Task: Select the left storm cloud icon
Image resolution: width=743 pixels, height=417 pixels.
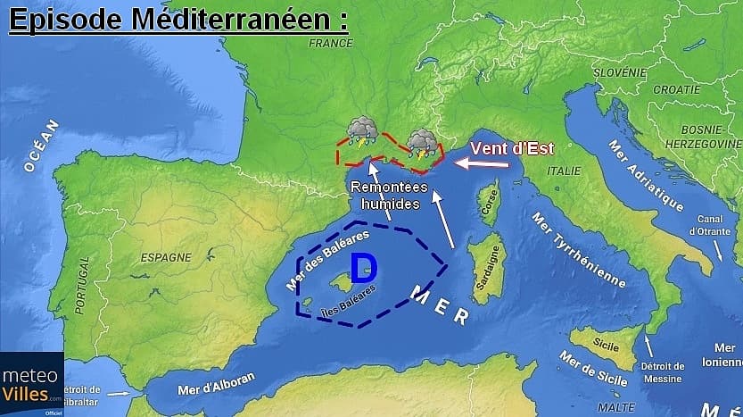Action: click(361, 130)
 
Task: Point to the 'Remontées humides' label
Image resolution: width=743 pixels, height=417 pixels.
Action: click(387, 195)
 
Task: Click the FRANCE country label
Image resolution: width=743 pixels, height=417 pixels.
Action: click(331, 43)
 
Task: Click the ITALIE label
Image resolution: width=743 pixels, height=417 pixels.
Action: click(563, 171)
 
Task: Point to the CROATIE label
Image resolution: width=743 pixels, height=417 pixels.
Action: click(676, 89)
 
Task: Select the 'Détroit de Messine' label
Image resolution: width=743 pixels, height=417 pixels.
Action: click(662, 372)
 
